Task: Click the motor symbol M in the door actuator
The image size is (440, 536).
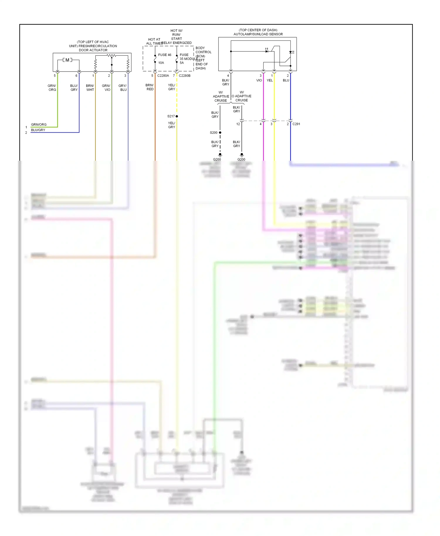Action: [67, 60]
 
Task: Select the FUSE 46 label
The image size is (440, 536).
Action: [165, 55]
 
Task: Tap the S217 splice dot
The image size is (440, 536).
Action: [177, 116]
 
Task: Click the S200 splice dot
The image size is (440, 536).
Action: [220, 133]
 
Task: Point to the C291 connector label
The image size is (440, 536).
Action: [296, 124]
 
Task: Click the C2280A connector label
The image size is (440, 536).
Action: [163, 76]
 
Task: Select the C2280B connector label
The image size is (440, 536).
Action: [185, 76]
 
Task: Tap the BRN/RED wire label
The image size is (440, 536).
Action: [150, 87]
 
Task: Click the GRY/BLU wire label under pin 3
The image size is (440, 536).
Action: [123, 88]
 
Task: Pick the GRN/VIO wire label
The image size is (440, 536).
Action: [106, 88]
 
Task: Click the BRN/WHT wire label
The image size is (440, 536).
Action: [90, 88]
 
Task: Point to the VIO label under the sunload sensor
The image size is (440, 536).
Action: [259, 80]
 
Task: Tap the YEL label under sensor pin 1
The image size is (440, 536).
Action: [270, 80]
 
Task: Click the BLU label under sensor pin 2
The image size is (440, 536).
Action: [286, 80]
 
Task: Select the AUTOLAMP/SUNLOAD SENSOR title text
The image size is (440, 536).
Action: [258, 34]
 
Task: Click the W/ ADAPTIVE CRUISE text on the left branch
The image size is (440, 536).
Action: [221, 96]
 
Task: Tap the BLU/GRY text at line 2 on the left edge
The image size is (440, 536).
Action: [38, 130]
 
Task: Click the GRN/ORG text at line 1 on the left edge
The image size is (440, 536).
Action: [39, 125]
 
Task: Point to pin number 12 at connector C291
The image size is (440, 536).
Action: [238, 124]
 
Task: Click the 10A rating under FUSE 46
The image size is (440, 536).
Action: [161, 63]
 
